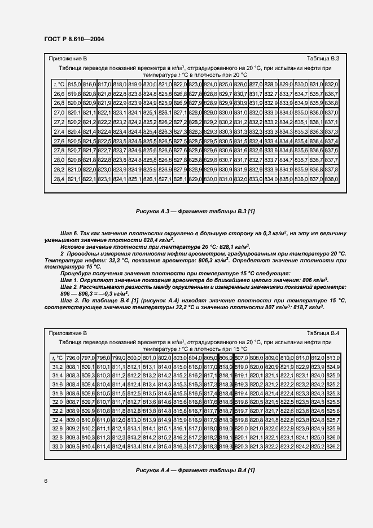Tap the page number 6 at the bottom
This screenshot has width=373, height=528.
[x=46, y=480]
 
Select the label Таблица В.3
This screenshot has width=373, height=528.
[x=323, y=59]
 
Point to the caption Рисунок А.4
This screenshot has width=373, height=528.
[x=186, y=470]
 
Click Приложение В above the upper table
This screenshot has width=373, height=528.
[x=68, y=59]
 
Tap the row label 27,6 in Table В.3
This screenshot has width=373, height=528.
[x=59, y=140]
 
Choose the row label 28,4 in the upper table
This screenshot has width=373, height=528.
[x=59, y=179]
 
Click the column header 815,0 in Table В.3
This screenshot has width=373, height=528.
[x=74, y=83]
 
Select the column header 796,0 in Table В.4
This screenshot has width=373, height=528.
[x=72, y=358]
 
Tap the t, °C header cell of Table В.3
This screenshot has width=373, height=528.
[x=59, y=83]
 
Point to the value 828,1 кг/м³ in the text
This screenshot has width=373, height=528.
[x=231, y=247]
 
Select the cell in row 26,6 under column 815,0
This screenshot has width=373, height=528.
[x=74, y=93]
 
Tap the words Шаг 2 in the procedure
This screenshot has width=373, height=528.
[x=69, y=287]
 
